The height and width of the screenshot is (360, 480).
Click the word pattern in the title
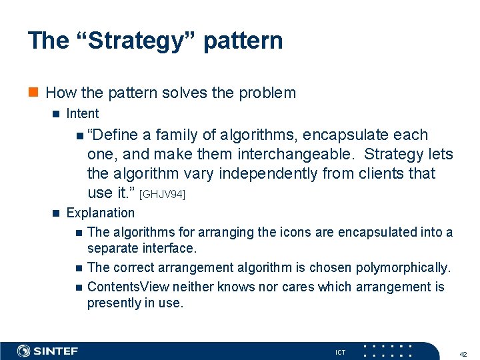click(243, 41)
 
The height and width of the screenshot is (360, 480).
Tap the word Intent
click(83, 114)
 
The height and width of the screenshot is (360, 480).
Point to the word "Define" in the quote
click(113, 135)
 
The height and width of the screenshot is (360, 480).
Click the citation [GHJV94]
click(162, 194)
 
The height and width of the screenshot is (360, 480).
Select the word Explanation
click(101, 213)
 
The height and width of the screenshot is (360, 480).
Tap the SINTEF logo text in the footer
click(56, 351)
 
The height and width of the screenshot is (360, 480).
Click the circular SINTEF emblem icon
click(24, 351)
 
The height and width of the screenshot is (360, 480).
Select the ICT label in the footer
click(340, 352)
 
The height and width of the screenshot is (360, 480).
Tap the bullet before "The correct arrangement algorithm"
click(79, 268)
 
